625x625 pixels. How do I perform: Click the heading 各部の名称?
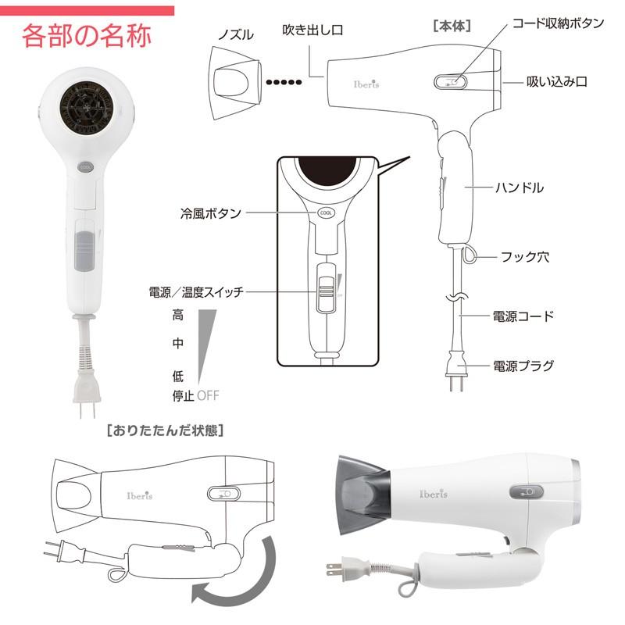[87, 36]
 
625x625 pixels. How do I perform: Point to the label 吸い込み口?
[556, 82]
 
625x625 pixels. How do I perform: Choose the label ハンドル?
[520, 187]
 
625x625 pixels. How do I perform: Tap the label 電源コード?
[523, 316]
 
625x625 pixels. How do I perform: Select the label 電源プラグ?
[523, 365]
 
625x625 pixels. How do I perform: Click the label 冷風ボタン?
[209, 212]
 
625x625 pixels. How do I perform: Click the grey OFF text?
[209, 395]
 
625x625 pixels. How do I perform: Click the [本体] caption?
[451, 25]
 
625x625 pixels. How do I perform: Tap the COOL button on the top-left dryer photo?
[86, 166]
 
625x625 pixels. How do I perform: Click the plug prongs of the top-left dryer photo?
[85, 409]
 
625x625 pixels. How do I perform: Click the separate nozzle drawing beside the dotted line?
[233, 81]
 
